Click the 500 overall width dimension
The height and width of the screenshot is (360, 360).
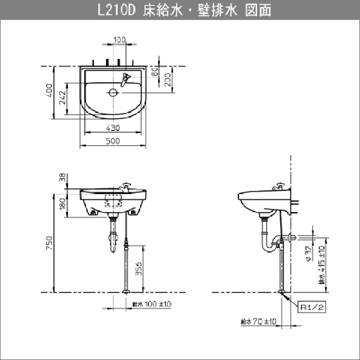click(x=113, y=141)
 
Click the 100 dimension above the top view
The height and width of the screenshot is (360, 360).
click(x=119, y=40)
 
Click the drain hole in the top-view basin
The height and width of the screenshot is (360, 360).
click(x=113, y=92)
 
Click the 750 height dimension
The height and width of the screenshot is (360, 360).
click(x=49, y=243)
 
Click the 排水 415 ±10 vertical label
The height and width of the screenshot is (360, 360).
click(x=322, y=264)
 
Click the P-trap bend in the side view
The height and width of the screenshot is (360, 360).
click(x=265, y=244)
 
